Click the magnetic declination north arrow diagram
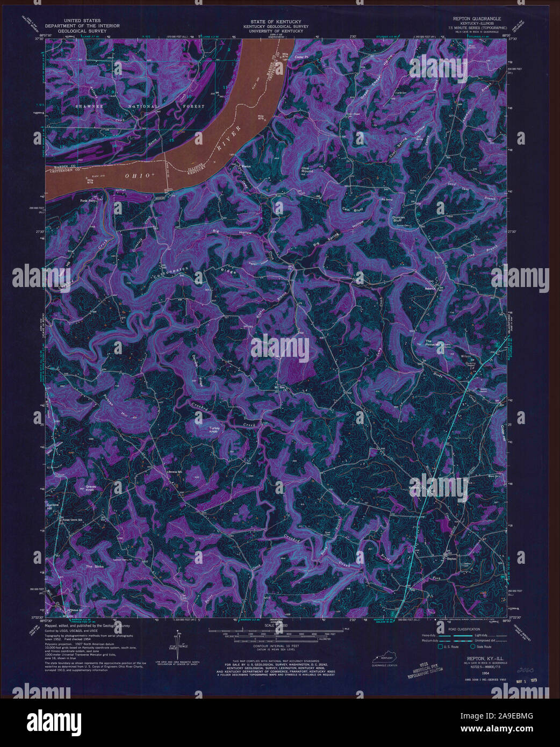click(176, 648)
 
